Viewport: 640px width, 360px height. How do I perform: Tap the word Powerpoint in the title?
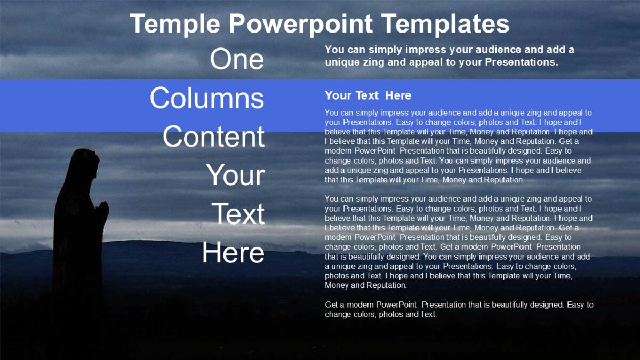tap(301, 25)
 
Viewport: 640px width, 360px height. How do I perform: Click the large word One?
tap(237, 59)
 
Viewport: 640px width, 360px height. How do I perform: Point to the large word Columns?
tap(207, 98)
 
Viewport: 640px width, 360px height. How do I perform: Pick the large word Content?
tap(213, 137)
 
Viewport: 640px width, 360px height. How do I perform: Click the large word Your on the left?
tap(235, 175)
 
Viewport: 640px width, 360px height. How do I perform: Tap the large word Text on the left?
tap(238, 214)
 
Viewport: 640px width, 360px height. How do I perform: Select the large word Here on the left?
tap(233, 253)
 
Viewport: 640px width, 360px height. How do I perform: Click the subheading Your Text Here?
tap(368, 96)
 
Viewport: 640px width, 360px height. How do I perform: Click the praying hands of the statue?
tap(102, 210)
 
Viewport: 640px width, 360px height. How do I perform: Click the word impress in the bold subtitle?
tap(423, 50)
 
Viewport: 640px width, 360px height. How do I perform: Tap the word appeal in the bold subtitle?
tap(430, 62)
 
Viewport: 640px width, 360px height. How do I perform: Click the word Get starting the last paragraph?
tap(332, 305)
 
